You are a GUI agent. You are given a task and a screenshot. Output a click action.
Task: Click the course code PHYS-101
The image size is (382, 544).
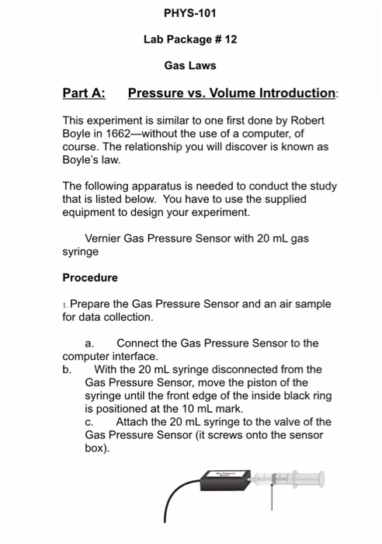coord(190,13)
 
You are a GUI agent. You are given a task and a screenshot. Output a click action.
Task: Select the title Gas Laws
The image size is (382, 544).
coord(190,65)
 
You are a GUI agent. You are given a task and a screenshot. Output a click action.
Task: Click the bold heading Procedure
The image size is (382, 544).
coord(90,277)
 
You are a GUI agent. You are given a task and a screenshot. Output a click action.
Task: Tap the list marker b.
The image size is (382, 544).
coord(67,369)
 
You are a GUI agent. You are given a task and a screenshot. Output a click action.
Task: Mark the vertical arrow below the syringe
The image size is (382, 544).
coord(273,497)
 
